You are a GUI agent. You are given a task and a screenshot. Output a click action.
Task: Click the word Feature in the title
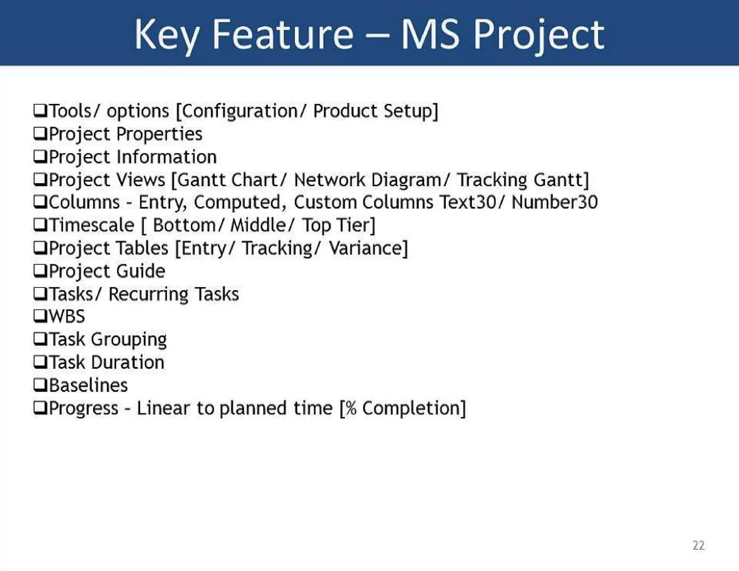pyautogui.click(x=283, y=35)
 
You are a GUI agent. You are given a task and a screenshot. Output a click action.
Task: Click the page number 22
pyautogui.click(x=699, y=545)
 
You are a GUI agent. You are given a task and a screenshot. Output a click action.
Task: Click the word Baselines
pyautogui.click(x=88, y=385)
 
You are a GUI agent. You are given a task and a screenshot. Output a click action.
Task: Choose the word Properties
pyautogui.click(x=159, y=134)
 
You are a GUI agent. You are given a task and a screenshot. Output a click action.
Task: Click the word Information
pyautogui.click(x=166, y=157)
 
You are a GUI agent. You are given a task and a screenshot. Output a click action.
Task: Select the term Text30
pyautogui.click(x=468, y=202)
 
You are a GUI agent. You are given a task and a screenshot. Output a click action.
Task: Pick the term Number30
pyautogui.click(x=555, y=202)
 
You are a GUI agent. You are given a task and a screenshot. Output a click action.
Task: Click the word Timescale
pyautogui.click(x=91, y=225)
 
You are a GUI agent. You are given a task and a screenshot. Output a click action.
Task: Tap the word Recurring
pyautogui.click(x=148, y=294)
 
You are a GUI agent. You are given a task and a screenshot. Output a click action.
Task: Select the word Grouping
pyautogui.click(x=128, y=340)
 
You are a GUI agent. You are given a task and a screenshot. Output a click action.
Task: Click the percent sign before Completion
pyautogui.click(x=351, y=408)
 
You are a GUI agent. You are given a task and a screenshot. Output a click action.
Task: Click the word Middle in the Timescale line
pyautogui.click(x=258, y=225)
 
